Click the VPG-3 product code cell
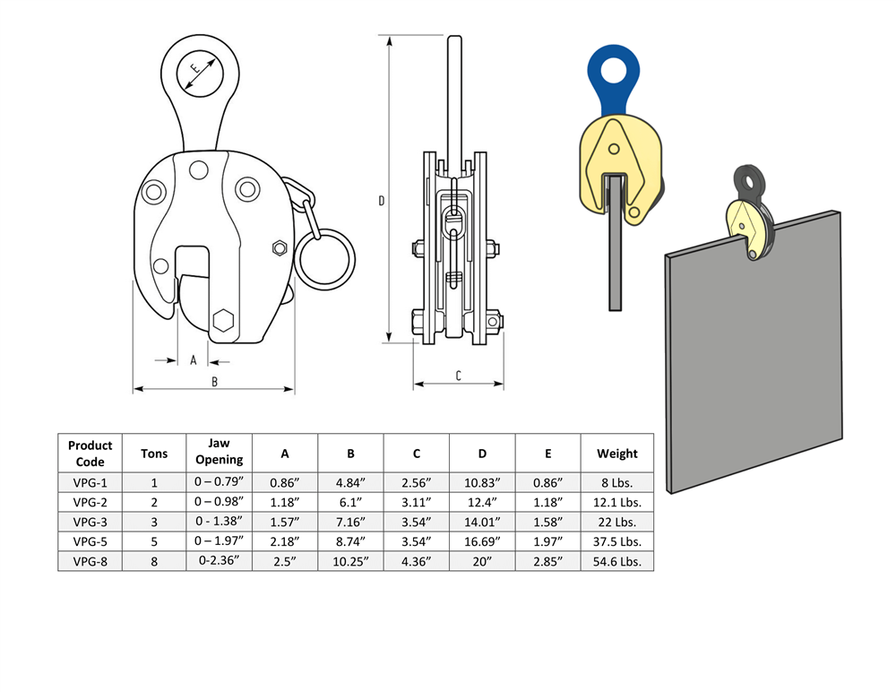point(90,522)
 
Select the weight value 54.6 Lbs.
point(617,561)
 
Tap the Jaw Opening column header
point(220,453)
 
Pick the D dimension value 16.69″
point(483,541)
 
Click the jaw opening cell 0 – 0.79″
point(220,482)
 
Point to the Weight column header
point(617,453)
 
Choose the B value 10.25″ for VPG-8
point(351,561)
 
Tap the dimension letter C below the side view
point(458,376)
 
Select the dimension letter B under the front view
point(214,381)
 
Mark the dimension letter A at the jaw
point(193,360)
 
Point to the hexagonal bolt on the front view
point(224,320)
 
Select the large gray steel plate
point(753,359)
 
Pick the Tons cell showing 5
point(154,541)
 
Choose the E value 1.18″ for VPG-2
point(548,502)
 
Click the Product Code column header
point(90,453)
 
